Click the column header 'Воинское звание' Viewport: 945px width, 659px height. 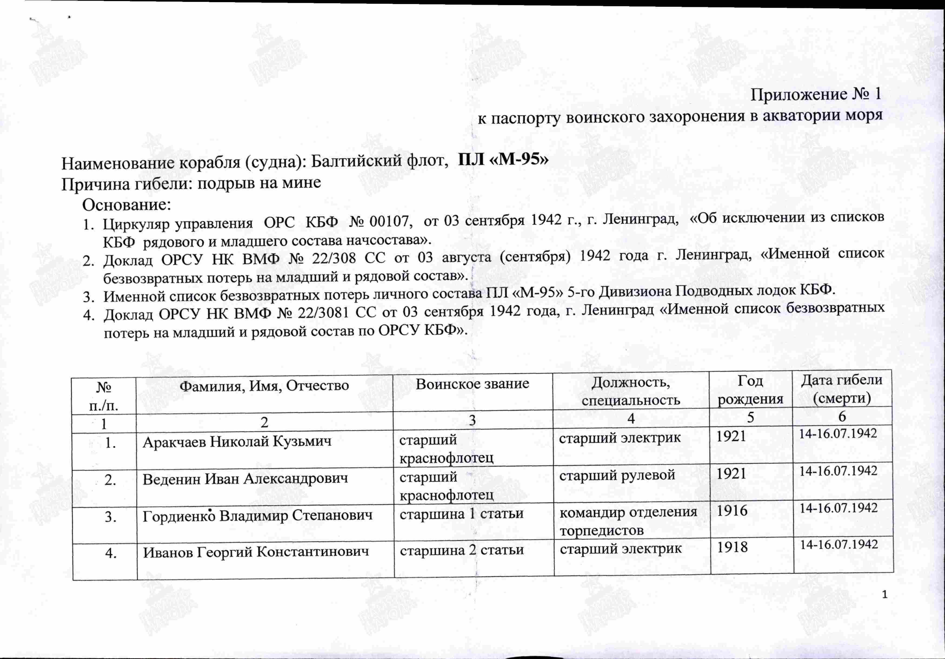coord(472,384)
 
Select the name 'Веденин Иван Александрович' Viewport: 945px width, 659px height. coord(245,479)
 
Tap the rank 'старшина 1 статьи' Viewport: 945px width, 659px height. coord(461,514)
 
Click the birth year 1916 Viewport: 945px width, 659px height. coord(732,511)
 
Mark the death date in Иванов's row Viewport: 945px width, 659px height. coord(839,545)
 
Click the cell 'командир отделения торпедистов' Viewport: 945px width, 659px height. coord(628,520)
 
